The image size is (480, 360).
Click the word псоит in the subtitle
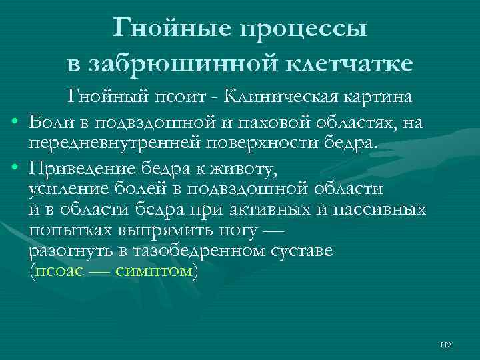[183, 97]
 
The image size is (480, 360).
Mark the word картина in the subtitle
[379, 97]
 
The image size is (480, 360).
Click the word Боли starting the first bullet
[52, 122]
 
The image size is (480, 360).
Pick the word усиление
[69, 187]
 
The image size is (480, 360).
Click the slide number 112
[446, 344]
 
